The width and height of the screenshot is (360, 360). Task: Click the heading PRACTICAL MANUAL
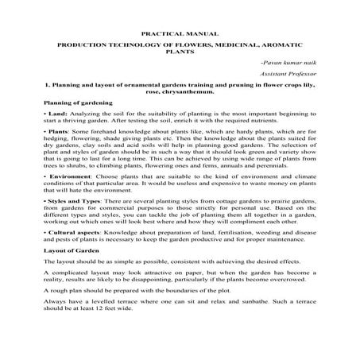[x=180, y=36]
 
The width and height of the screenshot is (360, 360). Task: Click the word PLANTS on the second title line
[x=180, y=55]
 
